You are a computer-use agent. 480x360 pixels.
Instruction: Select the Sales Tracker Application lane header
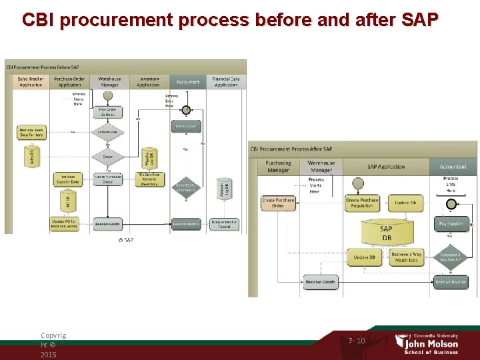(x=31, y=82)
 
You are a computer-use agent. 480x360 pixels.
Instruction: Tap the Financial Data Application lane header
(x=226, y=82)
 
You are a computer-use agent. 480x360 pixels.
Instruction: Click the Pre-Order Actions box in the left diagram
(x=108, y=111)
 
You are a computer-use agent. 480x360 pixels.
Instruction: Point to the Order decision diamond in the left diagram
(x=108, y=157)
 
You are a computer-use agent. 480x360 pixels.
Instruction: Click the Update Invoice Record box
(x=225, y=224)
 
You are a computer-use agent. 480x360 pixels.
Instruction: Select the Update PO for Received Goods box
(x=64, y=224)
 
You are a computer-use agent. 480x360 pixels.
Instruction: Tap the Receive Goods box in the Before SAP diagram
(x=108, y=224)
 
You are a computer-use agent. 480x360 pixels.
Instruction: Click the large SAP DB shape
(x=386, y=233)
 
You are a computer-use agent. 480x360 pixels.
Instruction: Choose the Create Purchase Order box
(x=278, y=203)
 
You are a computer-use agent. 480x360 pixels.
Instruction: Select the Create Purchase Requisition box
(x=362, y=203)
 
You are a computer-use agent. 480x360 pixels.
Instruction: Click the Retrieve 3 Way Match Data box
(x=407, y=257)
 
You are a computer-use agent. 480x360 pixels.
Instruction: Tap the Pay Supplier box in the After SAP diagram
(x=451, y=224)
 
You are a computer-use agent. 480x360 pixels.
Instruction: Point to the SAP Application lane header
(x=386, y=166)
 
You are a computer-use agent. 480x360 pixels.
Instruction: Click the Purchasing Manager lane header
(x=278, y=166)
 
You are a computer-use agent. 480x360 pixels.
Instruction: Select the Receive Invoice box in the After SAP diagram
(x=451, y=282)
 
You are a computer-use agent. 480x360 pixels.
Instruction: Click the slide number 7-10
(x=357, y=341)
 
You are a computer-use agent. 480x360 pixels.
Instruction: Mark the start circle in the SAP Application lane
(x=359, y=183)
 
